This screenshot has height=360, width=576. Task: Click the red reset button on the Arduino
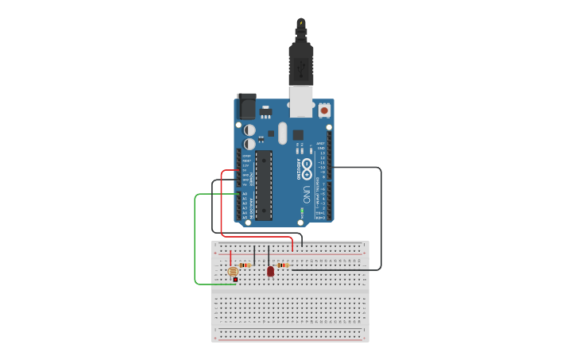coord(324,110)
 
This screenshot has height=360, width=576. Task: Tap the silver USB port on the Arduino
coord(301,102)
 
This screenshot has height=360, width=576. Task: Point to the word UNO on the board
coord(307,193)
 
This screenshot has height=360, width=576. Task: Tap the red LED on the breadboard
coord(270,271)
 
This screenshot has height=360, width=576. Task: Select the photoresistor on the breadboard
coord(234,271)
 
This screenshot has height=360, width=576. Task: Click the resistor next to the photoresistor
coord(245,265)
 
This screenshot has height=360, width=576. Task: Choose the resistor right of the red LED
coord(283,265)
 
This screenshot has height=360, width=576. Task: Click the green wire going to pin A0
coord(195,238)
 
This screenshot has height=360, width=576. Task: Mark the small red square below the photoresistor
coord(236,280)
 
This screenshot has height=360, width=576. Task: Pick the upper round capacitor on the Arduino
coord(249,129)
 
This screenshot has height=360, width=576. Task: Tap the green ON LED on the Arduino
coord(303,212)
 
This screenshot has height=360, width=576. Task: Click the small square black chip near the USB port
coord(298,134)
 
